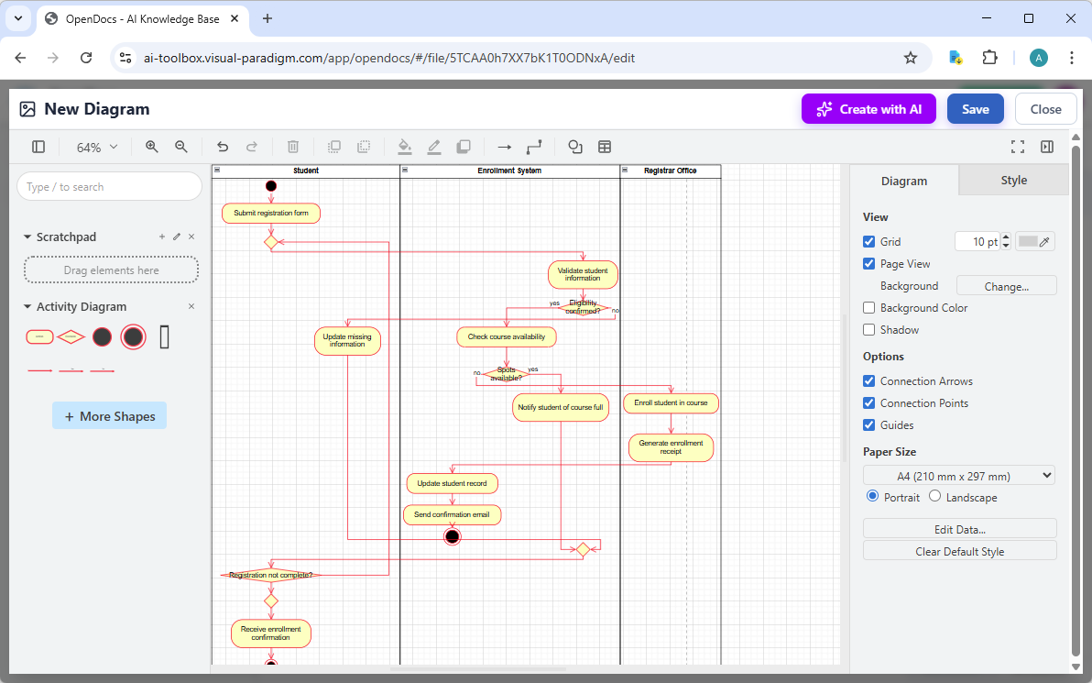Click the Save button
[975, 109]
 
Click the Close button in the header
[1045, 109]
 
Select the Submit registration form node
[270, 213]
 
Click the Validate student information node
[583, 274]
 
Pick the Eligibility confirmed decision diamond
[583, 307]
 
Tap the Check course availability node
[506, 336]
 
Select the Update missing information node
[347, 341]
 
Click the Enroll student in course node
[671, 402]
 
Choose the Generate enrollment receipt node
[671, 447]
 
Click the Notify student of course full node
[560, 407]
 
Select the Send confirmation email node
[452, 514]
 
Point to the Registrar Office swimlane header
[671, 171]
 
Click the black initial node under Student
[270, 186]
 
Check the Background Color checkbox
[869, 308]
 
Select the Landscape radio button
[934, 496]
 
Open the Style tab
[1013, 181]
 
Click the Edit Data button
[959, 529]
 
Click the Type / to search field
[110, 187]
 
